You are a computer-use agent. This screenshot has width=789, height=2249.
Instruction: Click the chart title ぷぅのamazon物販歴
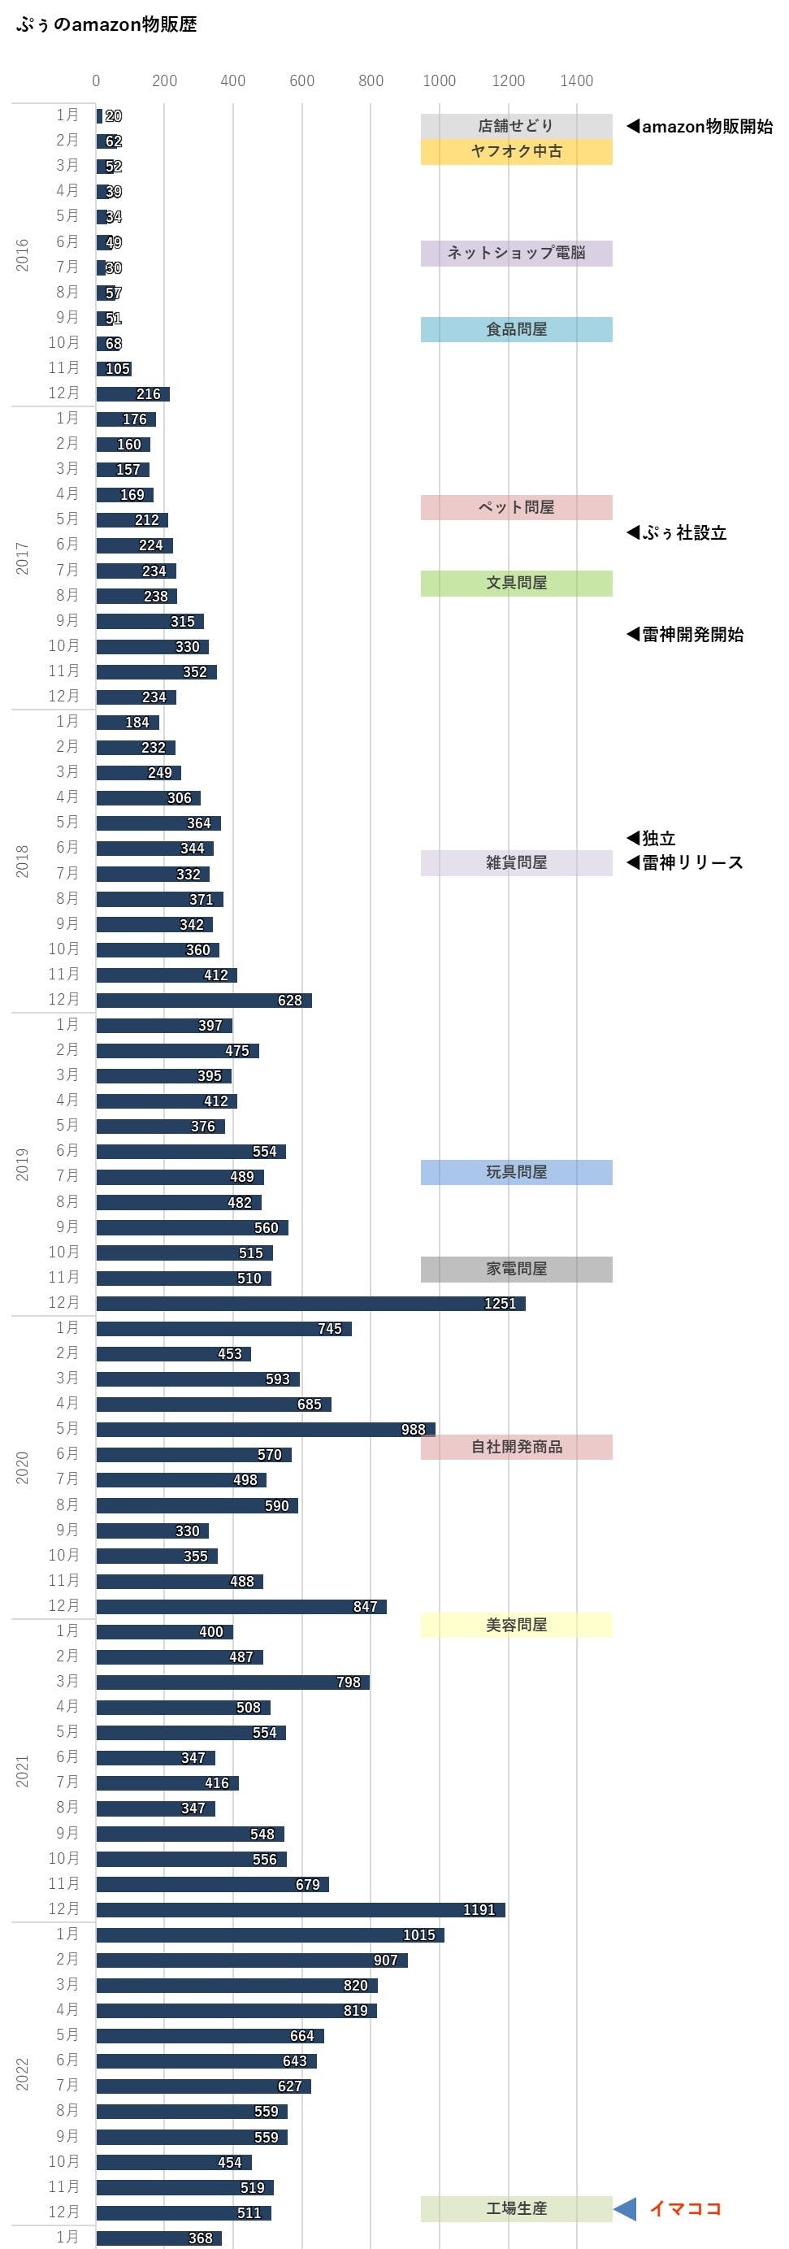[x=106, y=24]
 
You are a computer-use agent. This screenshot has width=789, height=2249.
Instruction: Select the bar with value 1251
[x=310, y=1303]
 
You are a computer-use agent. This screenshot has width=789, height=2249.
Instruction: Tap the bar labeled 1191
[x=300, y=1909]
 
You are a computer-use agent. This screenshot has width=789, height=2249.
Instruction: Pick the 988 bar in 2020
[x=266, y=1429]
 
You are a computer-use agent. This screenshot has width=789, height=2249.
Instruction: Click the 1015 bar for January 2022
[x=270, y=1934]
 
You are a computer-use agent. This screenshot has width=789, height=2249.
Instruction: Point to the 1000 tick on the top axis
[x=439, y=80]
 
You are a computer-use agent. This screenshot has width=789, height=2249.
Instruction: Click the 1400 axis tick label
[x=576, y=80]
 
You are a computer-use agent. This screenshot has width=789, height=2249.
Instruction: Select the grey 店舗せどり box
[x=516, y=126]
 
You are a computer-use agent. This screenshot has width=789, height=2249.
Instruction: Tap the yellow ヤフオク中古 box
[x=516, y=151]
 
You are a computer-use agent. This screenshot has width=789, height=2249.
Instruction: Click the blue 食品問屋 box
[x=516, y=329]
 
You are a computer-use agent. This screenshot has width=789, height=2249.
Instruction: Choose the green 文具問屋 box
[x=516, y=582]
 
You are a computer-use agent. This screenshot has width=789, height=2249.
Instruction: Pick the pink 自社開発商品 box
[x=516, y=1447]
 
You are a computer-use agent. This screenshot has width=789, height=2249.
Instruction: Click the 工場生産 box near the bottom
[x=516, y=2208]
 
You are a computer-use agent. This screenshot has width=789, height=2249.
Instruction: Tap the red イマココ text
[x=685, y=2208]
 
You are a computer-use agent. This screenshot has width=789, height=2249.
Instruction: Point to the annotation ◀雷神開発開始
[x=685, y=635]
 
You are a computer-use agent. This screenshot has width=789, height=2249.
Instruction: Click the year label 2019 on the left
[x=22, y=1164]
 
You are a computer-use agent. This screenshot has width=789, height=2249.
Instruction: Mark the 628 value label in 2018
[x=290, y=1001]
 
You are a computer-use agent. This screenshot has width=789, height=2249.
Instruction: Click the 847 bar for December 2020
[x=241, y=1606]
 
